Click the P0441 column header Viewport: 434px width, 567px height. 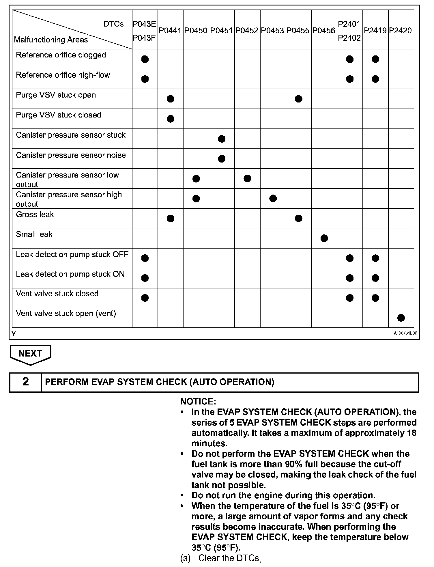(170, 31)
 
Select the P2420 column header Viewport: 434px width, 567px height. (401, 31)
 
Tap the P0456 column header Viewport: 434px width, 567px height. (324, 31)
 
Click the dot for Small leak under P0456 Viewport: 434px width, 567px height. (324, 238)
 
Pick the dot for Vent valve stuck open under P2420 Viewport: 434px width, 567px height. (401, 318)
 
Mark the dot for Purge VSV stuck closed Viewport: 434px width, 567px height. (171, 119)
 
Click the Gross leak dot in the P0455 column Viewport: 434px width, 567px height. (299, 218)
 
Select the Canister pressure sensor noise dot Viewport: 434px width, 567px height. (222, 159)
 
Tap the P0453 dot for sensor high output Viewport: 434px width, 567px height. (273, 198)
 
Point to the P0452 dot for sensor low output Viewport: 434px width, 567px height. (247, 178)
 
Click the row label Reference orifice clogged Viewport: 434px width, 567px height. (61, 55)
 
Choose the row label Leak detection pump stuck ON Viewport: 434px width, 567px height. (70, 274)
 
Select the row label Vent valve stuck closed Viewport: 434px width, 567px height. (57, 294)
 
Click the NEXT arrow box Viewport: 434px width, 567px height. (30, 354)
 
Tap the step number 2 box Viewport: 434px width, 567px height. (26, 382)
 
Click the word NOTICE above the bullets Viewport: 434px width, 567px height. (198, 402)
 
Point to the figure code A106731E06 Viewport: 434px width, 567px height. (405, 333)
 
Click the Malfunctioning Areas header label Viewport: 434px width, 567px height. (51, 40)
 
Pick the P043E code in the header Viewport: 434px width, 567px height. (144, 24)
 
